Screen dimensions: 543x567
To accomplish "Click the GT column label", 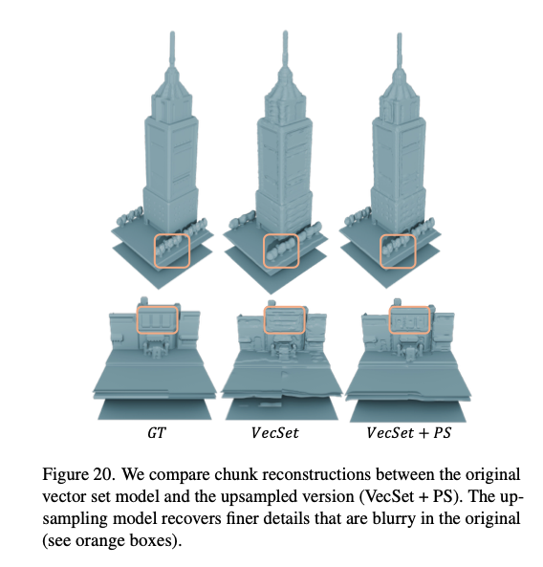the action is pyautogui.click(x=157, y=433).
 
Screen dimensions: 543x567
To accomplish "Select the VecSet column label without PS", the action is pyautogui.click(x=275, y=433).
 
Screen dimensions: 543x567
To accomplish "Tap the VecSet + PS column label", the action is pyautogui.click(x=409, y=433).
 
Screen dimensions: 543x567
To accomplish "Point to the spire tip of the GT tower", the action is pyautogui.click(x=172, y=33).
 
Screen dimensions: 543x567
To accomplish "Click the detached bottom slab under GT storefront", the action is pyautogui.click(x=154, y=409).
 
